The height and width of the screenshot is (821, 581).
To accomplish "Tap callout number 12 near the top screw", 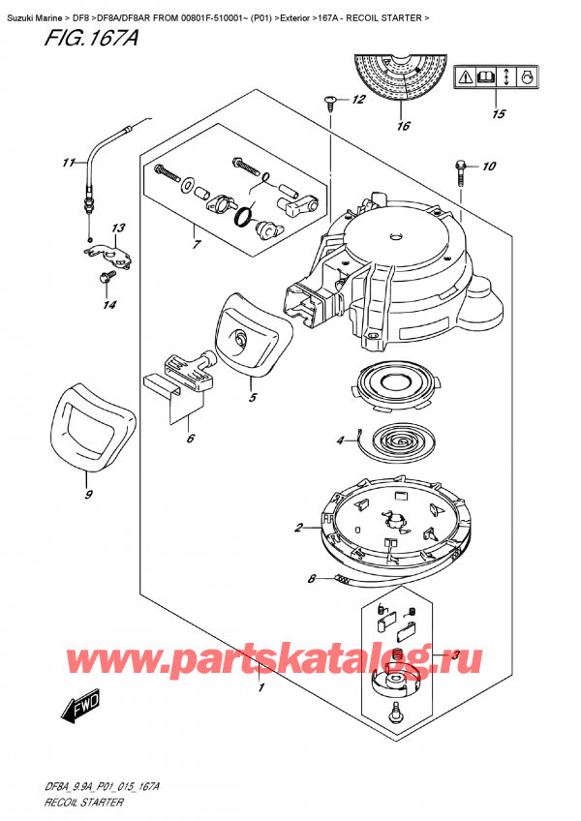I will (358, 100).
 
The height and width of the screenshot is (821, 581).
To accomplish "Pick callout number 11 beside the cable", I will (68, 162).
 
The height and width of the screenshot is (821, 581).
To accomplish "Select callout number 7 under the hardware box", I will (197, 245).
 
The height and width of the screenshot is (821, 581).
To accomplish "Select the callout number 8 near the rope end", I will (312, 580).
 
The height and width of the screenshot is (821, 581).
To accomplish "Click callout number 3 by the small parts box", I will (455, 655).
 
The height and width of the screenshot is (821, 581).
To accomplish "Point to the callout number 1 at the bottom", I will (260, 688).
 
